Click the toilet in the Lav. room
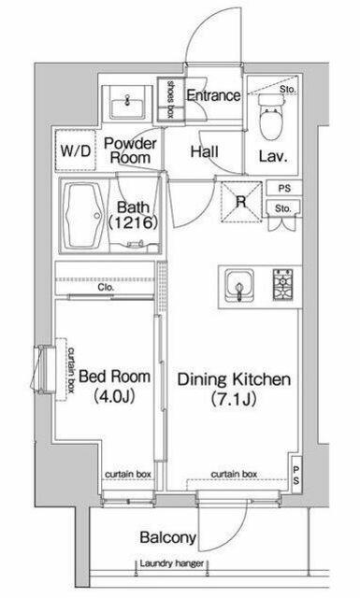271,116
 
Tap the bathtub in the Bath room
84,216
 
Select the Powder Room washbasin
127,105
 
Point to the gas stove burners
282,284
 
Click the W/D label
75,151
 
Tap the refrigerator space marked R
241,202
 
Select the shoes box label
170,99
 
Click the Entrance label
213,95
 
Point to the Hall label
205,151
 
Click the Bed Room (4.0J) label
114,387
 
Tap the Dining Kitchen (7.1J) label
234,389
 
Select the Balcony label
168,538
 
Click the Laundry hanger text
171,563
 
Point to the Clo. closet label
106,287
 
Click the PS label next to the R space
284,189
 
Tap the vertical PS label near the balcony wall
296,475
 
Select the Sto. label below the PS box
283,208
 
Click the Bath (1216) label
133,215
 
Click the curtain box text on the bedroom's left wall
71,367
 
